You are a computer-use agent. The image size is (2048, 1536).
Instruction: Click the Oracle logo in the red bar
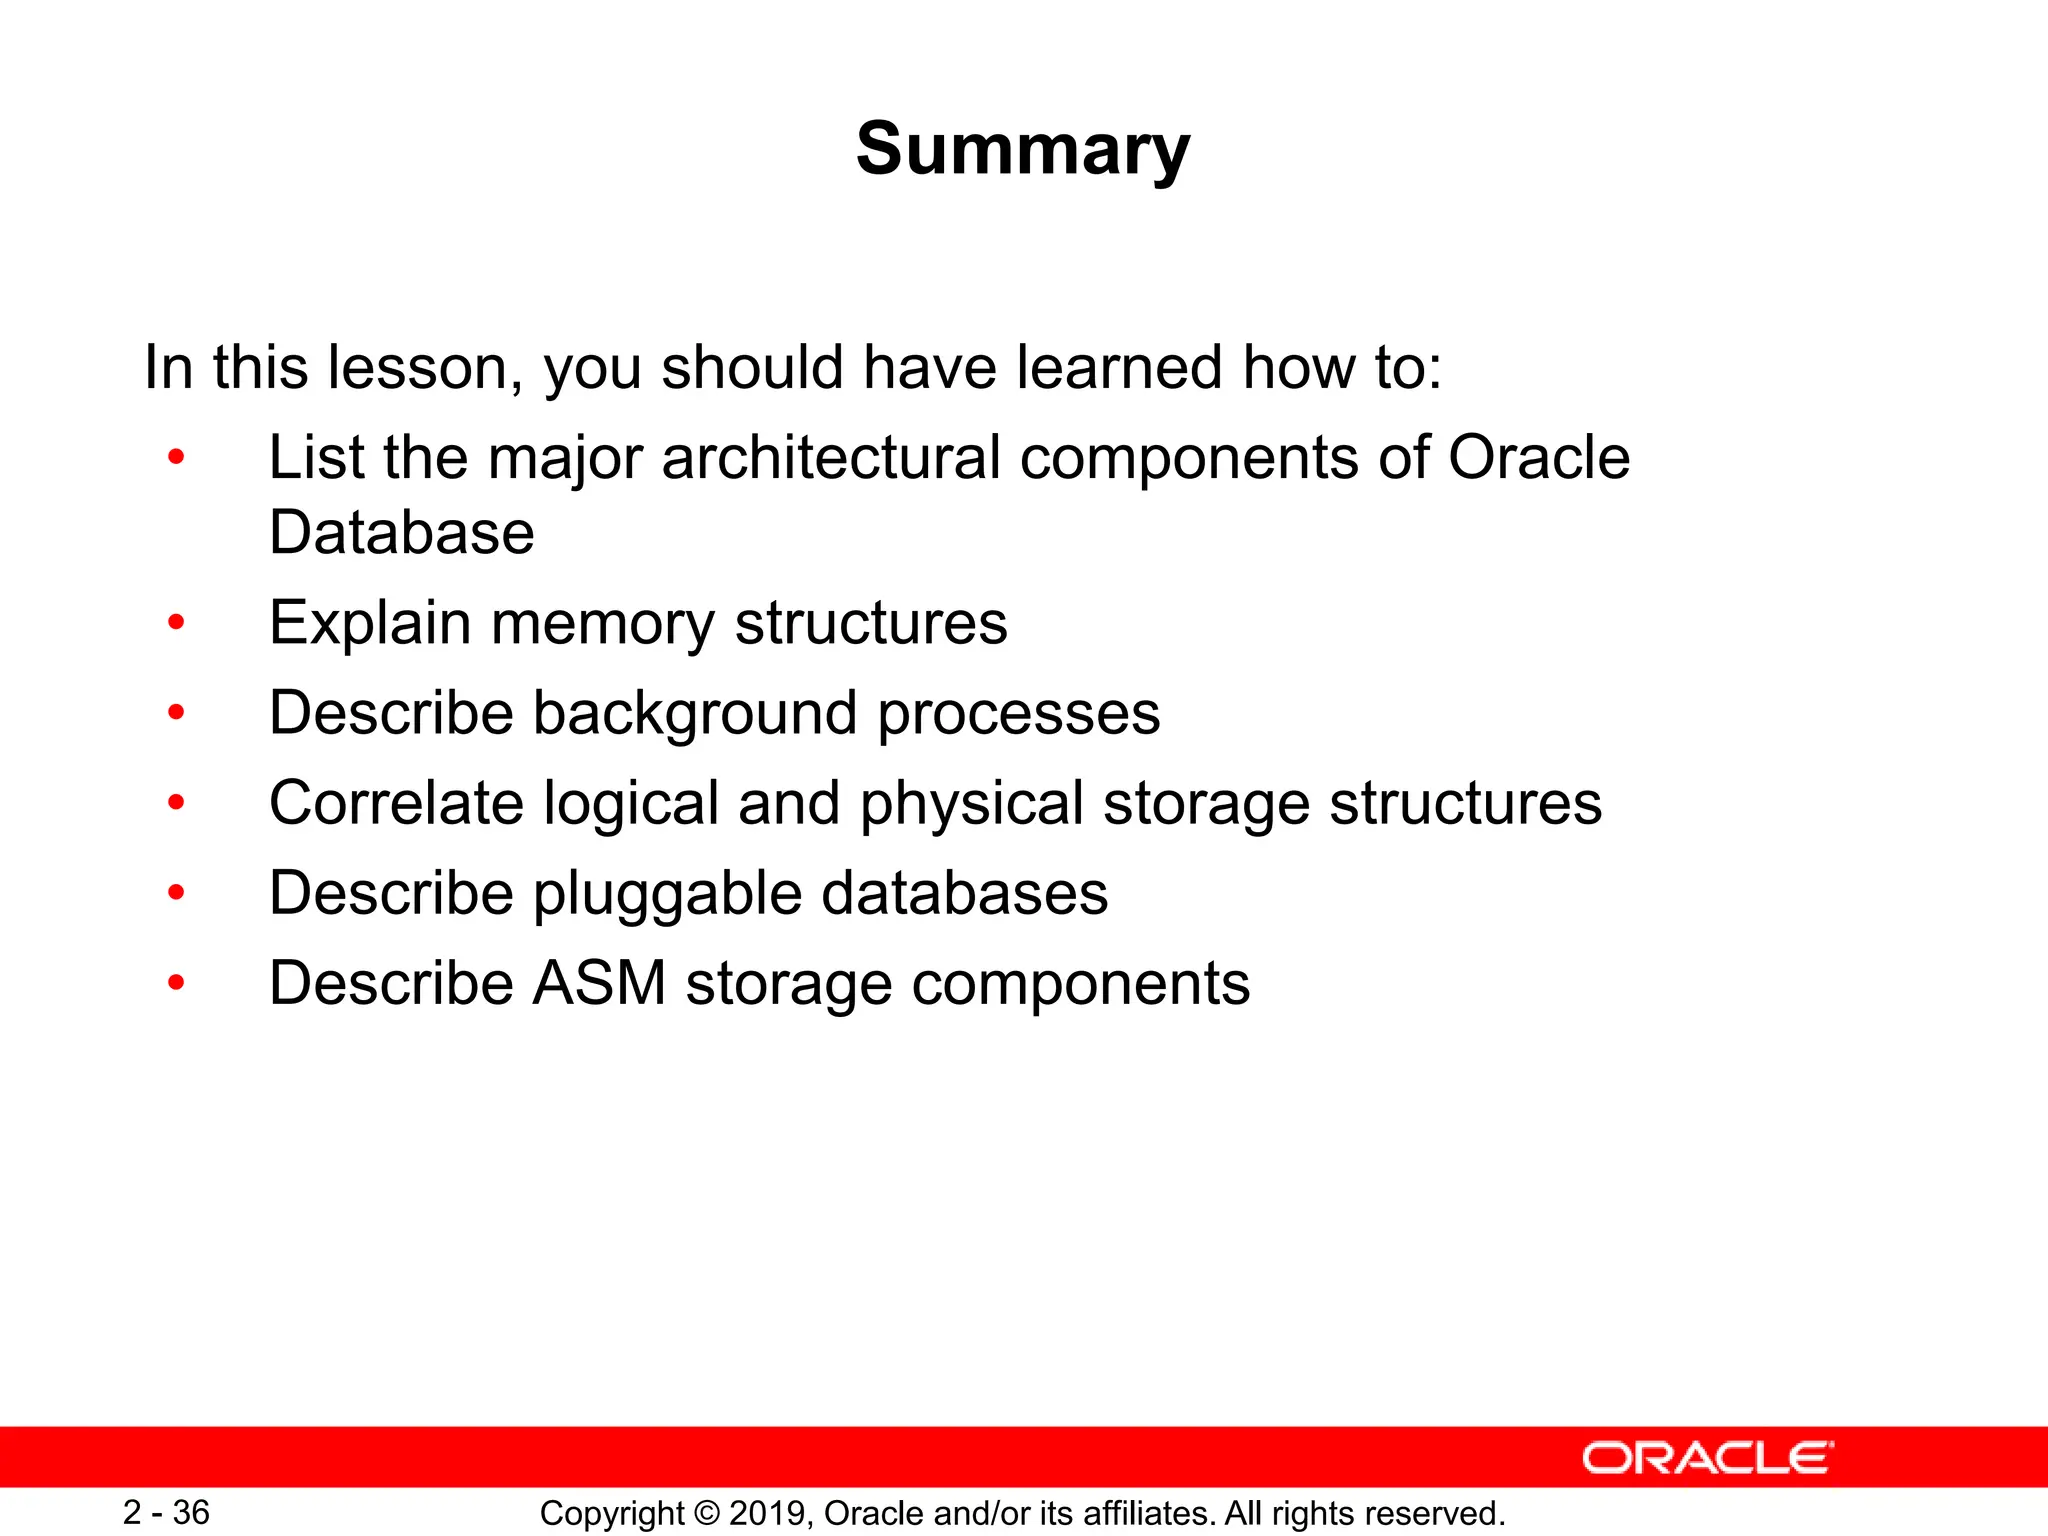(1707, 1458)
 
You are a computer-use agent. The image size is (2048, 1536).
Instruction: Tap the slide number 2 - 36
(166, 1512)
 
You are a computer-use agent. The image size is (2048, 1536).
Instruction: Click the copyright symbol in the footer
(706, 1513)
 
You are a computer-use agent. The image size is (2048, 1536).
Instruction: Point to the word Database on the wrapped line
(401, 532)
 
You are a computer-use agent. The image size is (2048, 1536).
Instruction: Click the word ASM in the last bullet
(598, 982)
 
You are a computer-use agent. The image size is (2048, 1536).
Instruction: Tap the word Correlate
(396, 802)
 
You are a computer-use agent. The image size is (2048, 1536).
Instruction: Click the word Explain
(370, 624)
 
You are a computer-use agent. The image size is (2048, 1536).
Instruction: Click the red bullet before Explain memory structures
(177, 623)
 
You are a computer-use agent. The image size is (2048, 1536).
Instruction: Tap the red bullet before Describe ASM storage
(177, 983)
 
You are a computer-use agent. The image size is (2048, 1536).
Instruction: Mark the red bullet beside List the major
(177, 458)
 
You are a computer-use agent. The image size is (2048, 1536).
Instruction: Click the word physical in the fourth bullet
(971, 804)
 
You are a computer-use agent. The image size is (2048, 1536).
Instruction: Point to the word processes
(1018, 714)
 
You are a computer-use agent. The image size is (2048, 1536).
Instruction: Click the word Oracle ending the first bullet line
(1538, 458)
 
